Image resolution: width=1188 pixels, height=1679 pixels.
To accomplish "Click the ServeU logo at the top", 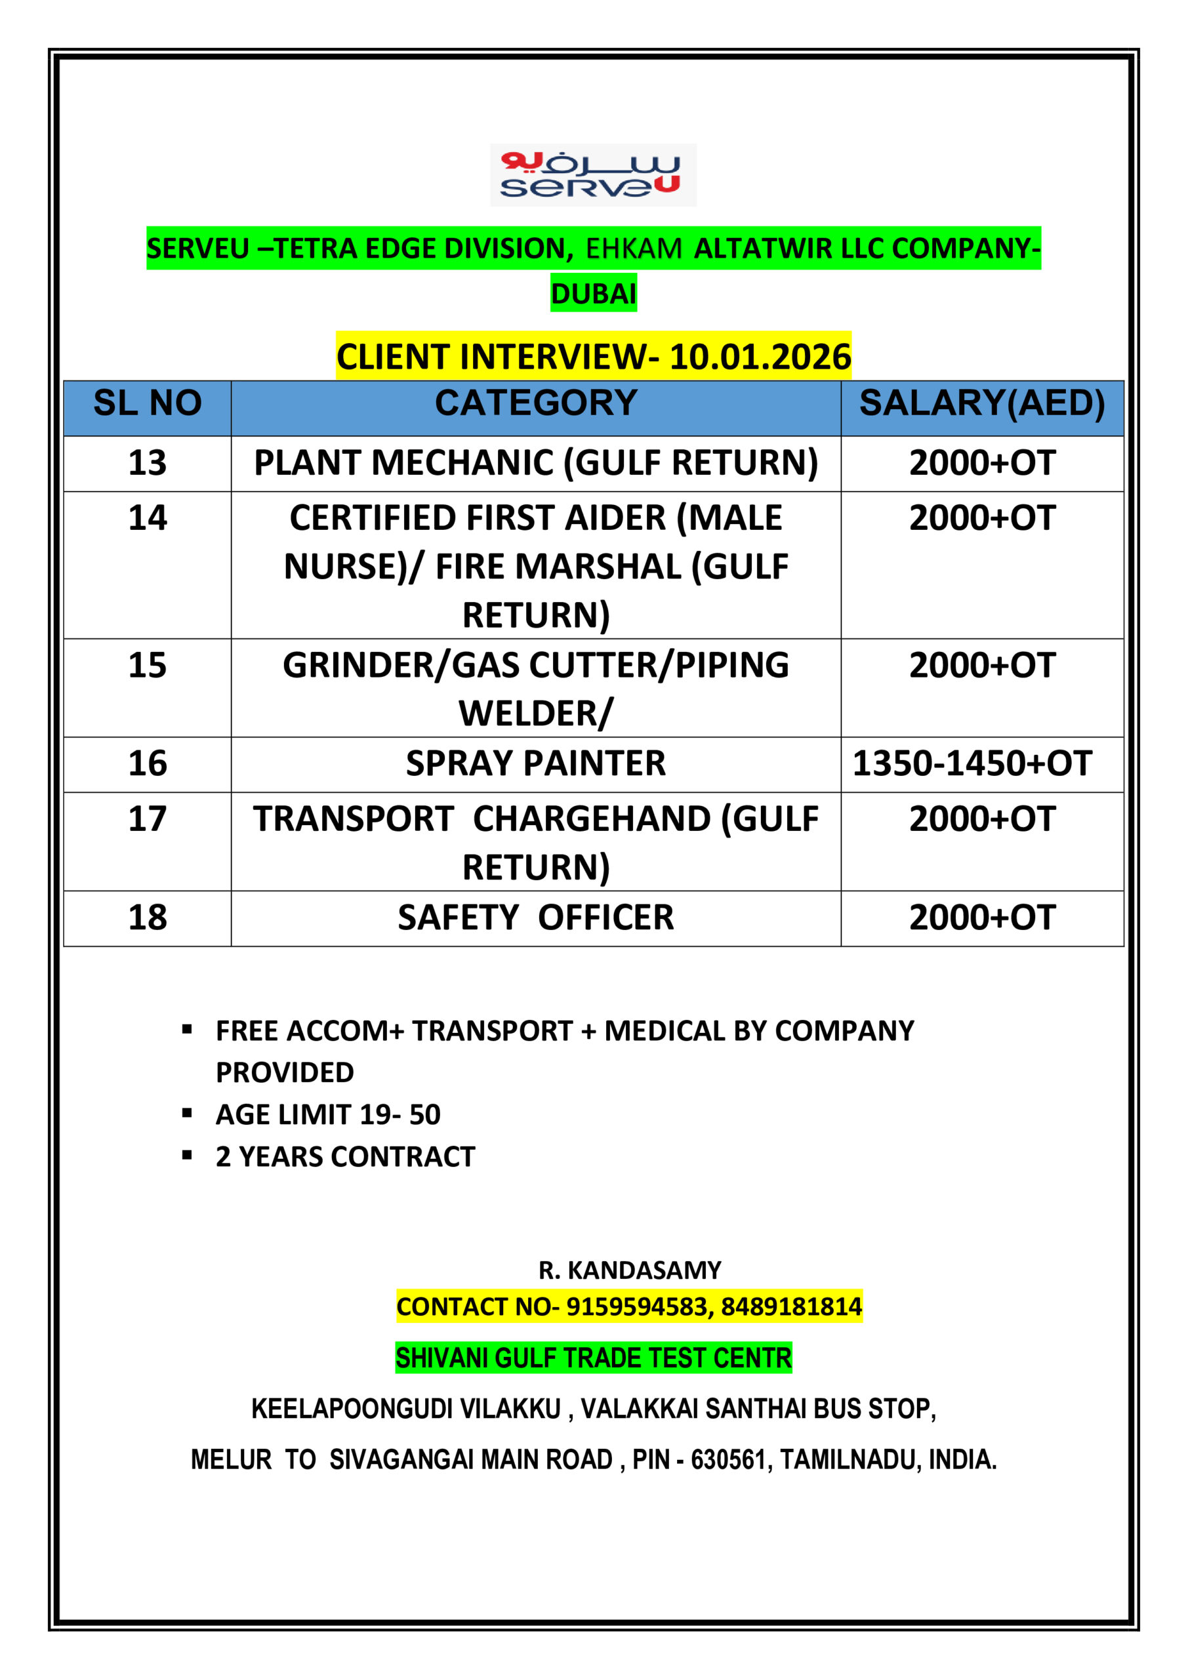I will (592, 174).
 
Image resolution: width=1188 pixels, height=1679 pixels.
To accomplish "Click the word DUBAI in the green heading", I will (593, 293).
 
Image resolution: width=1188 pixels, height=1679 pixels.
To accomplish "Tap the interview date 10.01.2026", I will (760, 357).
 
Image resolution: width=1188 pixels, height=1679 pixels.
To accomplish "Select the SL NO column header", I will (147, 403).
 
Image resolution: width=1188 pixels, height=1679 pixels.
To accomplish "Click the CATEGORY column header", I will (535, 403).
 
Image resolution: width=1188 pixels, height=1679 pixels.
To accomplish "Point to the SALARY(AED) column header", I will (982, 403).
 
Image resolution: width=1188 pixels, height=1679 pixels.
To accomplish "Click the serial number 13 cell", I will (147, 463).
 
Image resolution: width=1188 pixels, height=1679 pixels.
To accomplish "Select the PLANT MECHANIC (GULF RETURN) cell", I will (535, 463).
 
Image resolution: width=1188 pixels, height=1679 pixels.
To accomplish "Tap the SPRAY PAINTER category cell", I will (535, 763).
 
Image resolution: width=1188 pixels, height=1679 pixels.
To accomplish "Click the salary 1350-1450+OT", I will (972, 763).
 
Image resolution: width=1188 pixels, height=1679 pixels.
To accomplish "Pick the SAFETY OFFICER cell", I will (535, 918).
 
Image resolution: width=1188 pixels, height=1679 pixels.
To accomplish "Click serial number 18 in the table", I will (147, 918).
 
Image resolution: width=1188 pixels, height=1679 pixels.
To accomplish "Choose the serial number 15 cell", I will (147, 666).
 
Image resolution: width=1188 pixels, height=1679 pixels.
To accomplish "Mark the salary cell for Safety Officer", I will (982, 918).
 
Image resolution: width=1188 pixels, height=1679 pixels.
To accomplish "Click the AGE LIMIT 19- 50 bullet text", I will (328, 1114).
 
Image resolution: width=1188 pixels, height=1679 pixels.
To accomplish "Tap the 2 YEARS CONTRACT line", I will (345, 1157).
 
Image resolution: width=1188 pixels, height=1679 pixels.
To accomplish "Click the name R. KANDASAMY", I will (630, 1270).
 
